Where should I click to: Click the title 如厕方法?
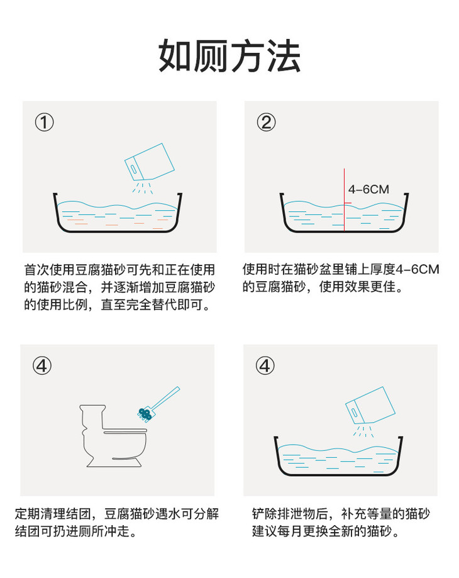pyautogui.click(x=229, y=56)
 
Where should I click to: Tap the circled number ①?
pyautogui.click(x=44, y=123)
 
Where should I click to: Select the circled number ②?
pyautogui.click(x=266, y=123)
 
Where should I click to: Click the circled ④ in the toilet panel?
pyautogui.click(x=42, y=365)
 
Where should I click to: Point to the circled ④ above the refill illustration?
pyautogui.click(x=265, y=365)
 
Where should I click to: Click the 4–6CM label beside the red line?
pyautogui.click(x=368, y=189)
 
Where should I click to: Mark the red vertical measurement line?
pyautogui.click(x=345, y=200)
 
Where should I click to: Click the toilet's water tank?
pyautogui.click(x=92, y=416)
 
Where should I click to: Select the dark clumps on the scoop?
pyautogui.click(x=145, y=414)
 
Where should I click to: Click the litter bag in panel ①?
pyautogui.click(x=149, y=162)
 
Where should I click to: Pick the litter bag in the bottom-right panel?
pyautogui.click(x=370, y=405)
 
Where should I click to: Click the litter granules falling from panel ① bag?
pyautogui.click(x=143, y=187)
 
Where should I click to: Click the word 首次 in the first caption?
pyautogui.click(x=37, y=269)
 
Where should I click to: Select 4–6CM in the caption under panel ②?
pyautogui.click(x=418, y=269)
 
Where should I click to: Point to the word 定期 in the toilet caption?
pyautogui.click(x=27, y=513)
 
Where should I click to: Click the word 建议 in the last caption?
pyautogui.click(x=265, y=531)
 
